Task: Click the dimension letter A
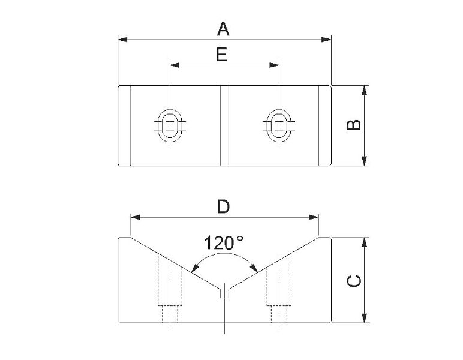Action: [223, 29]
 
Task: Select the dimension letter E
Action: [222, 55]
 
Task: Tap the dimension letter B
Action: [354, 125]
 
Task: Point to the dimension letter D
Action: [224, 206]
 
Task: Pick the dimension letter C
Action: [354, 281]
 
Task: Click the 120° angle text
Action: [224, 243]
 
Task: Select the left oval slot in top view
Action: [170, 125]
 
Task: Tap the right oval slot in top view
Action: [279, 125]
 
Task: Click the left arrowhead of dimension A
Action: [123, 39]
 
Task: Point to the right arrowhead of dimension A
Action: [326, 39]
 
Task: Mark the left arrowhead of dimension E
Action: [175, 65]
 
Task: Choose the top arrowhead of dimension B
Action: [365, 91]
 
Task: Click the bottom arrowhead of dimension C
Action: [365, 318]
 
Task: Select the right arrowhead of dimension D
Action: [314, 217]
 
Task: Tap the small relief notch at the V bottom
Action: [225, 293]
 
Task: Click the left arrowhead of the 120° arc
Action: [194, 268]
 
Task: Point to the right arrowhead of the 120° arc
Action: [254, 268]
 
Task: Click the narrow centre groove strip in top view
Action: [224, 126]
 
